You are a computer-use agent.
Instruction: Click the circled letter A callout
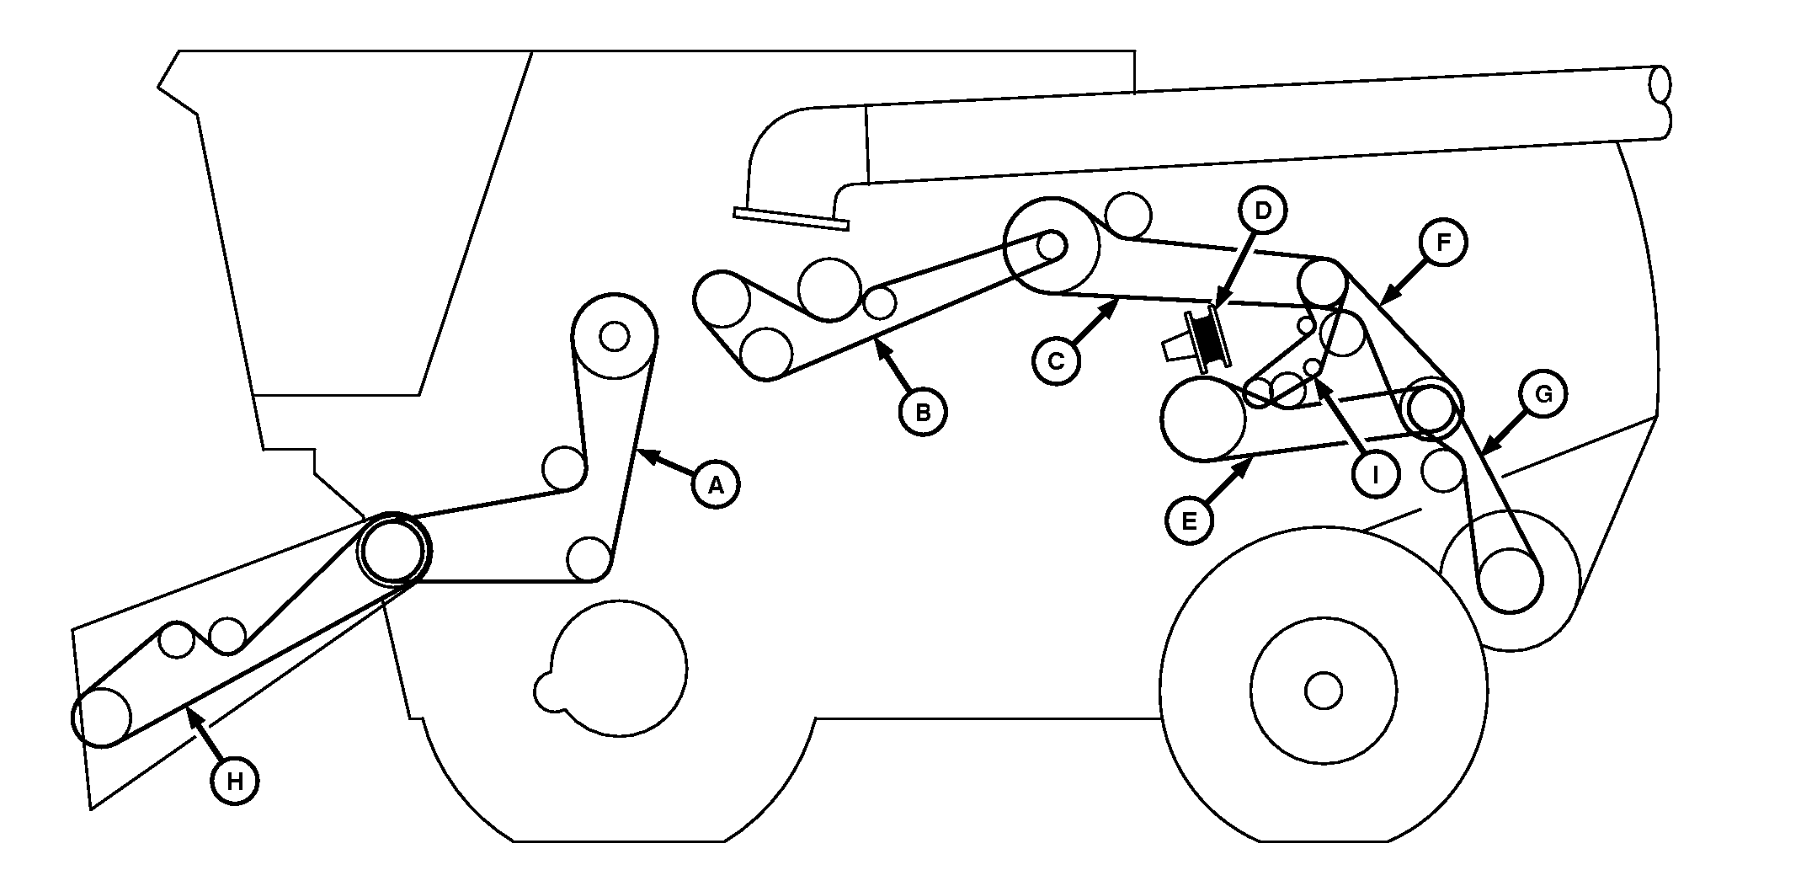716,484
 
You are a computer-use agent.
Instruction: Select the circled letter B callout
923,413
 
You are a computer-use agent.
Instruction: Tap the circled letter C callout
1056,361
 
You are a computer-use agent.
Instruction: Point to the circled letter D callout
1262,211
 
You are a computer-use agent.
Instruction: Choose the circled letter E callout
1190,521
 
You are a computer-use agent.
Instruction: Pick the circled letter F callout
1443,243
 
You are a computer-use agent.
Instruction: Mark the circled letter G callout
1543,394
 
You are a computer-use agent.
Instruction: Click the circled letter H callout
235,782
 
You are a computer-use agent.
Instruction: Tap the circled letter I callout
1375,475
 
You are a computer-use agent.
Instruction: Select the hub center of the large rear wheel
1323,691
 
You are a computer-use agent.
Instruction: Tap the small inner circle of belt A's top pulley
614,337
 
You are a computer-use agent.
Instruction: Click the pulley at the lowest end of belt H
102,718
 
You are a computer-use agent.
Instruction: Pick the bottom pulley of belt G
1511,579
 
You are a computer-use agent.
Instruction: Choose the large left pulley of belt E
1203,420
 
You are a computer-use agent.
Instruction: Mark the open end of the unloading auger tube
1660,101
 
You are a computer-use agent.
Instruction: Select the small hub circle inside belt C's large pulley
1051,245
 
